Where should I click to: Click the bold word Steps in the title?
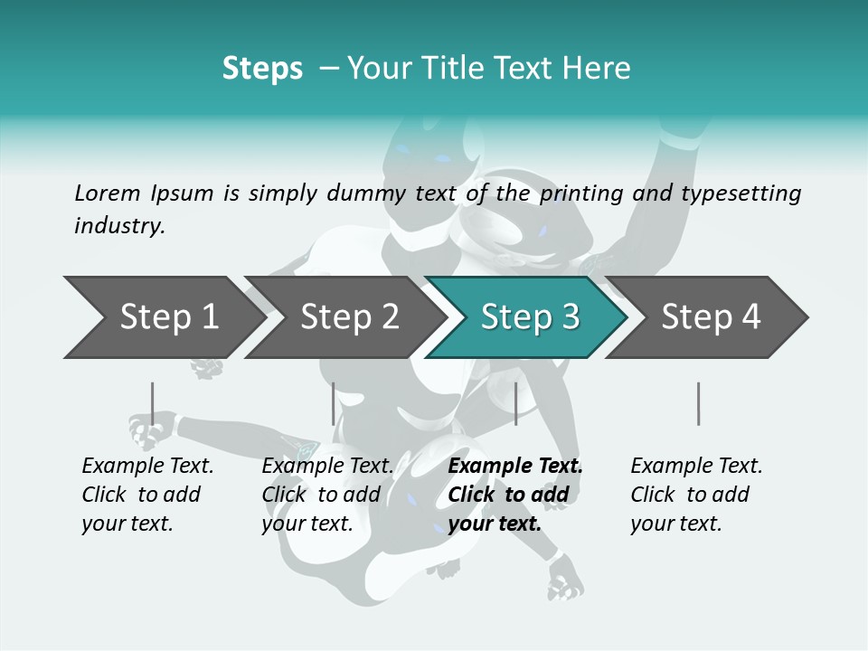[x=262, y=69]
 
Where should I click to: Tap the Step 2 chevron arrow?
[x=349, y=317]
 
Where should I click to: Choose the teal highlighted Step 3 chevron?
[x=529, y=317]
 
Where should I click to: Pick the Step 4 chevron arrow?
[x=711, y=317]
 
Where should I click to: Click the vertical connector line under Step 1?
[x=152, y=403]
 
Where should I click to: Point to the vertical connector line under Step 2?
[x=334, y=403]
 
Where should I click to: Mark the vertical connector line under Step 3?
[x=515, y=403]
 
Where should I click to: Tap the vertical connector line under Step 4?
[x=698, y=403]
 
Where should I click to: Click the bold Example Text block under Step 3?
[x=515, y=495]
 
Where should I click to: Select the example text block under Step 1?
[x=147, y=495]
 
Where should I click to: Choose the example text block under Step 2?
[x=327, y=495]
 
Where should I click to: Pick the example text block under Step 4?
[x=696, y=495]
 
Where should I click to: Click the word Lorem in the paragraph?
[x=108, y=193]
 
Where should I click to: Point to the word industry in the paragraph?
[x=119, y=226]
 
